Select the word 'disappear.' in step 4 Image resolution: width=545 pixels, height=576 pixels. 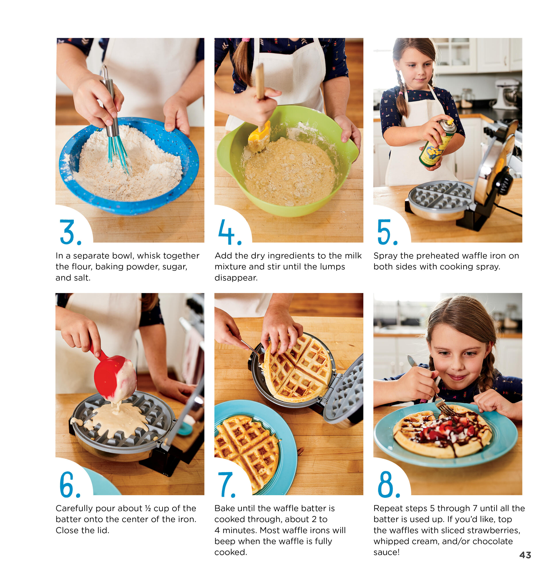point(236,278)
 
